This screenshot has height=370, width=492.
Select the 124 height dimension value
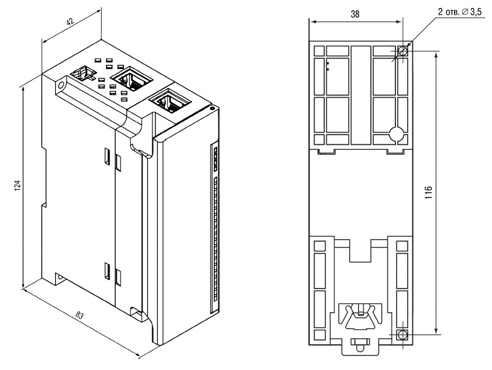coord(18,185)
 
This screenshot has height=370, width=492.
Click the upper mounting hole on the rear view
coord(402,51)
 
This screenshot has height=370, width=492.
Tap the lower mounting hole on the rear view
coord(402,335)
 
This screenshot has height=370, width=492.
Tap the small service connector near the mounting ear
coord(83,74)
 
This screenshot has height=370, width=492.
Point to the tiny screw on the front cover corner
coord(211,108)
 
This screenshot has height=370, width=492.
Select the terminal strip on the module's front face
coord(214,226)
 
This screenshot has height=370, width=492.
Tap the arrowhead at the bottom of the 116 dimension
coord(436,331)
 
